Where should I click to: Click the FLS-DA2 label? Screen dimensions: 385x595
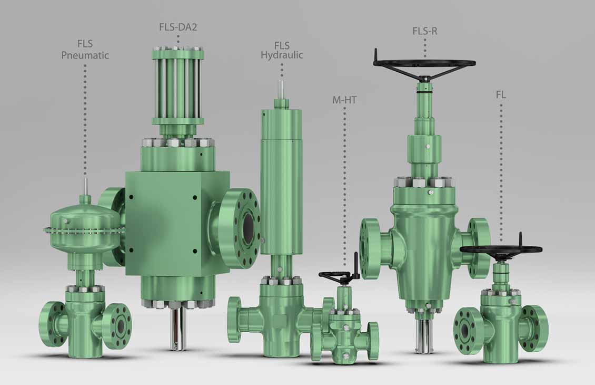click(178, 27)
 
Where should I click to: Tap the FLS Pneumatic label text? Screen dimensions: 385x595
click(85, 50)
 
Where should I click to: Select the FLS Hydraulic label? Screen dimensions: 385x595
click(282, 50)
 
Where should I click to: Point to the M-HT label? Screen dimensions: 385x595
click(344, 99)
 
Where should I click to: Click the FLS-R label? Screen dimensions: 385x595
click(424, 31)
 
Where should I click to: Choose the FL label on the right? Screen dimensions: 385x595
click(500, 95)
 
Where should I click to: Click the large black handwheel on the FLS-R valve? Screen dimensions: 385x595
click(424, 64)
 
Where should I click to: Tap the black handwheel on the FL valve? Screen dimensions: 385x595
click(501, 249)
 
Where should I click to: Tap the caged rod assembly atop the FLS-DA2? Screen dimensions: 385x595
click(177, 84)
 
